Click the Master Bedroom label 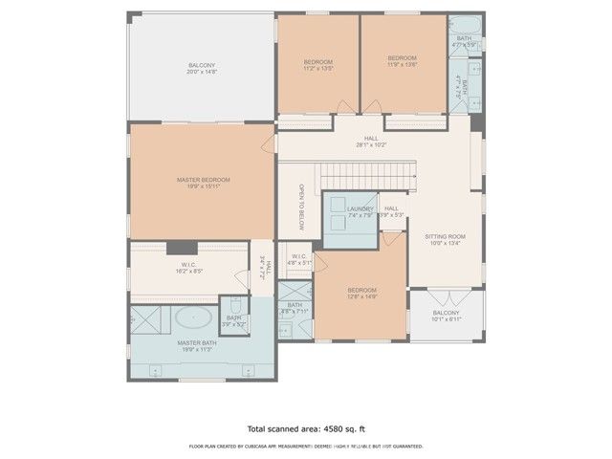point(203,180)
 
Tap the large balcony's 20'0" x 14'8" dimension point(203,72)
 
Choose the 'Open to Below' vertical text point(300,207)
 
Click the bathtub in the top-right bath point(465,23)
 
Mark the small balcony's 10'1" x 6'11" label point(446,320)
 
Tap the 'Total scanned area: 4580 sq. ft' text point(305,429)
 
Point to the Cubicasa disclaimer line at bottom point(305,446)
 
